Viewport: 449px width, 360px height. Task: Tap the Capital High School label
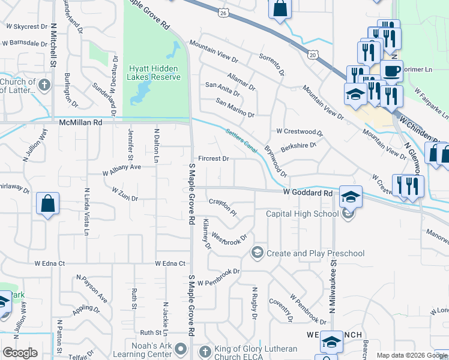click(x=302, y=214)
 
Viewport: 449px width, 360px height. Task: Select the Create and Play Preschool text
click(x=315, y=253)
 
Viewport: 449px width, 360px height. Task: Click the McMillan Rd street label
click(x=81, y=122)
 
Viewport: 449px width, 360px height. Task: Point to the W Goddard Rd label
click(x=308, y=193)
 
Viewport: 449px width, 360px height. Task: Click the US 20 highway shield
click(x=313, y=55)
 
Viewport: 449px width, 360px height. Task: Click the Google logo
click(x=20, y=353)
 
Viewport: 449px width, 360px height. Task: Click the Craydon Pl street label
click(x=223, y=208)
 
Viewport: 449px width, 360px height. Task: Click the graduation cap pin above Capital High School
click(x=351, y=196)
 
